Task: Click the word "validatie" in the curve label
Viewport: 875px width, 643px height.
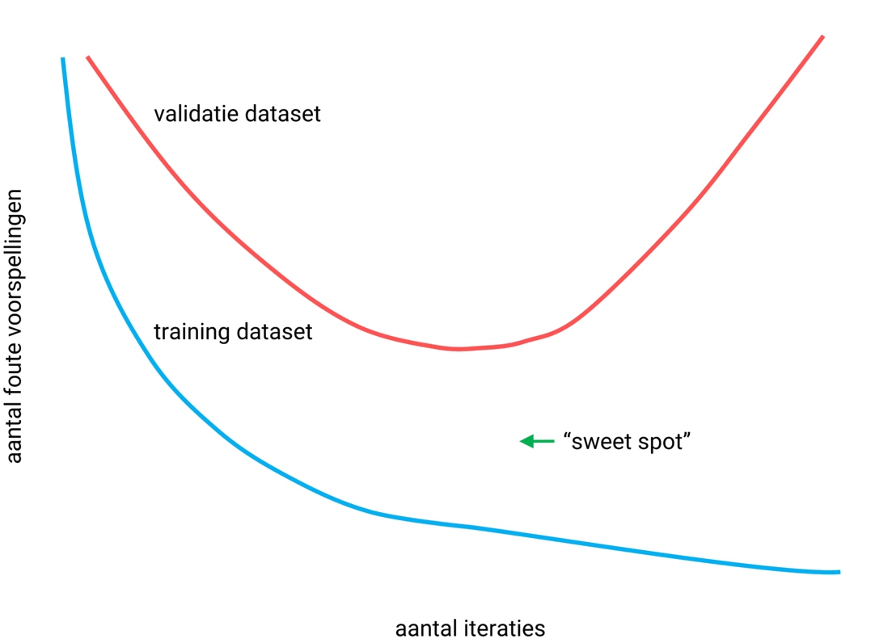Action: [x=189, y=114]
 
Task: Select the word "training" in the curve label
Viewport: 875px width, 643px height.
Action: [x=187, y=333]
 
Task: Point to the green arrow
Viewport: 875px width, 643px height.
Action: [x=536, y=441]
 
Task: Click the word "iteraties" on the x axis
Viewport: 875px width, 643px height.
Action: [x=506, y=628]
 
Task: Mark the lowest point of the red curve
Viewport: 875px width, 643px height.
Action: [x=458, y=349]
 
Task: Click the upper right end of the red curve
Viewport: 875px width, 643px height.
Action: [x=822, y=37]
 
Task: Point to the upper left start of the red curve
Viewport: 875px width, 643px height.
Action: [x=87, y=57]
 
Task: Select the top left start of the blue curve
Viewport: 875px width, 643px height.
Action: [x=62, y=59]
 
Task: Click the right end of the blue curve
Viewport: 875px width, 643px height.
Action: [x=839, y=572]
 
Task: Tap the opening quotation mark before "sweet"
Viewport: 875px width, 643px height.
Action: [x=567, y=437]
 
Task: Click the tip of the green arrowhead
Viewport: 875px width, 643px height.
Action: [x=521, y=441]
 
